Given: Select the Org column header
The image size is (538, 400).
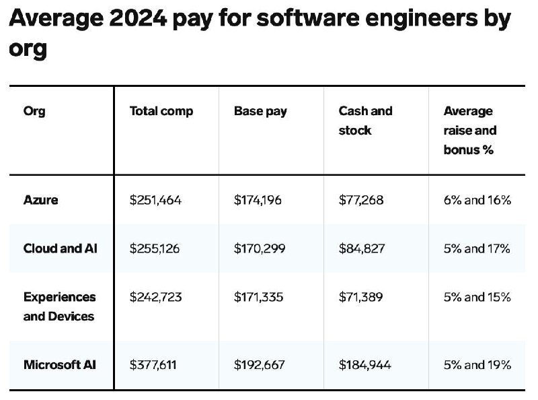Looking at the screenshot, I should point(34,111).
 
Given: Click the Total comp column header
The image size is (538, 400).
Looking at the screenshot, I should point(161,111).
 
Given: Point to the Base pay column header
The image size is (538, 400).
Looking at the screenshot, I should point(260,111).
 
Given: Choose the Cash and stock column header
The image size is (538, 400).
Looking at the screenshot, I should point(365,121).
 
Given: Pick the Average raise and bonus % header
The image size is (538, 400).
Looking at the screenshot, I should point(469,130).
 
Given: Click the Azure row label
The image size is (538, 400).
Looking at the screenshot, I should point(40,200).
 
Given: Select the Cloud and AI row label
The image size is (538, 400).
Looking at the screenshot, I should point(60,248).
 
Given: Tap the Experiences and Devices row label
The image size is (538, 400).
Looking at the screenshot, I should point(59,306).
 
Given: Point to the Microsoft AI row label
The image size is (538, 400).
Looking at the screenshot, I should point(59,365).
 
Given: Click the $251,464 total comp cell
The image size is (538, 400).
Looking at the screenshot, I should point(155,200).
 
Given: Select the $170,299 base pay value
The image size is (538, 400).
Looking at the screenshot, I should point(260,248).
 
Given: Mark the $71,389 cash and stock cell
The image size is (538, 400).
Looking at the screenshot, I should point(362,297).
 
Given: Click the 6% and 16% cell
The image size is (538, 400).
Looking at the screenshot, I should point(477,200).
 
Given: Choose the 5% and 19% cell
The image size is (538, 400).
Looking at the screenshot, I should point(477,365).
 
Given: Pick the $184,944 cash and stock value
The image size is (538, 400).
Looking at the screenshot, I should point(364,365).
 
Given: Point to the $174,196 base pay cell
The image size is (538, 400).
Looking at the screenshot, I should point(258,200).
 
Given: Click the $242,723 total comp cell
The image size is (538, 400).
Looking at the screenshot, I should point(155,297).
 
